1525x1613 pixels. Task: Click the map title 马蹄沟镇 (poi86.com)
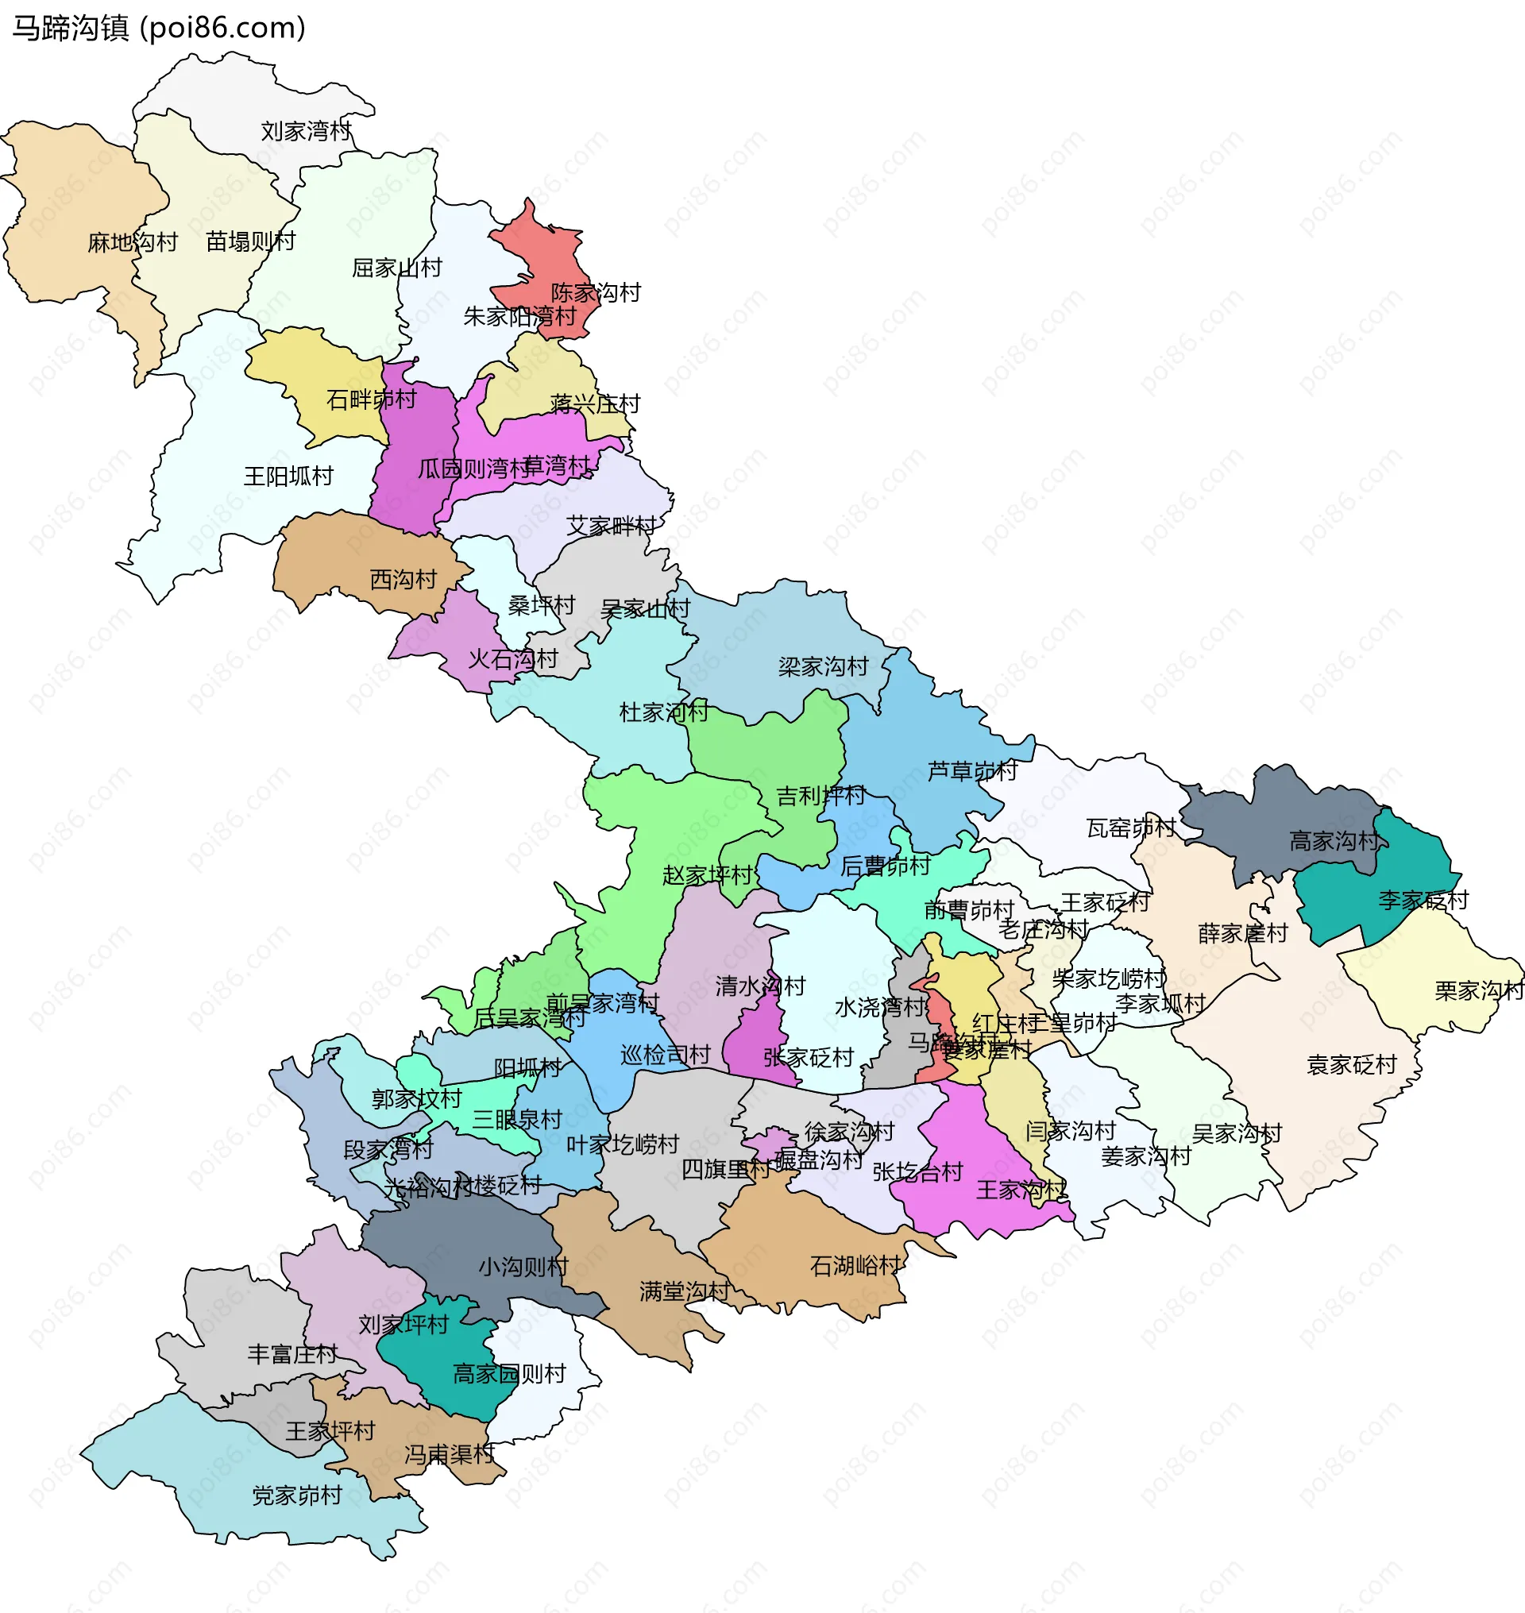[159, 29]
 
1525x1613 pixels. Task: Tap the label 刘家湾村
[306, 131]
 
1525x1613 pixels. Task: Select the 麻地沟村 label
[133, 242]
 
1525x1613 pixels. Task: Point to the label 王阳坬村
[288, 477]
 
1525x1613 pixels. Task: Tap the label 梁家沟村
[824, 667]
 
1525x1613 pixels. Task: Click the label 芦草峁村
[972, 770]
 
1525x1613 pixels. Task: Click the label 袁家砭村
[1351, 1065]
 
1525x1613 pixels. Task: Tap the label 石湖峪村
[855, 1266]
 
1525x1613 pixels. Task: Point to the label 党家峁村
[297, 1496]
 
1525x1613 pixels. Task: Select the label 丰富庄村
[291, 1354]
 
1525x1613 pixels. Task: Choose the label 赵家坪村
[707, 876]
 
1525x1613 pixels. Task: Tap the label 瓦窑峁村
[1131, 828]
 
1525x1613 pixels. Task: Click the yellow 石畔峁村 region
[325, 374]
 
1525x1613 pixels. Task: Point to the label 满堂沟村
[685, 1292]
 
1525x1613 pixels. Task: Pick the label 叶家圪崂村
[623, 1145]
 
